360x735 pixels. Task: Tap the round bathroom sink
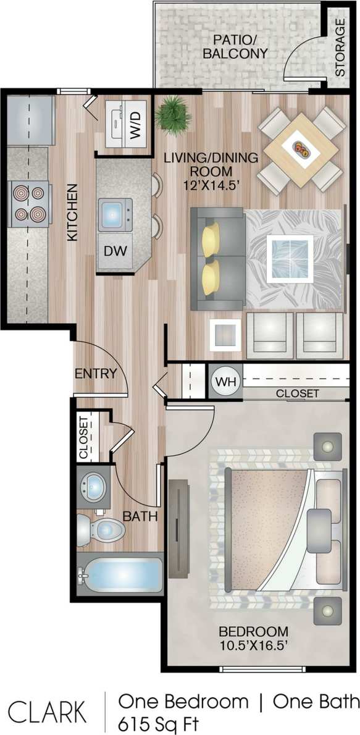coord(93,487)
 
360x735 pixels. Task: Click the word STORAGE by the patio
coord(340,48)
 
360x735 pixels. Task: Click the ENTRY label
coord(96,373)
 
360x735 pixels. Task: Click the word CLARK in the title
coord(47,711)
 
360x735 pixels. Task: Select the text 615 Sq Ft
coord(159,722)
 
